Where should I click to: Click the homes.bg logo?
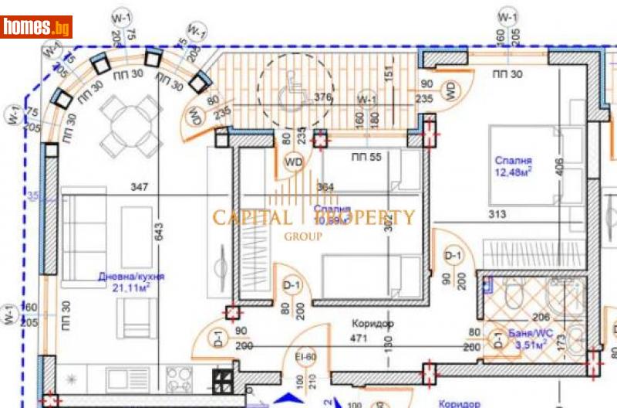[36, 27]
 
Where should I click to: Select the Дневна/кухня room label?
[131, 277]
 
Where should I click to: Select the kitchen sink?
[123, 379]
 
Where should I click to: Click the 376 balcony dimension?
[324, 97]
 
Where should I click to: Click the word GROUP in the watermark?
[303, 237]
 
